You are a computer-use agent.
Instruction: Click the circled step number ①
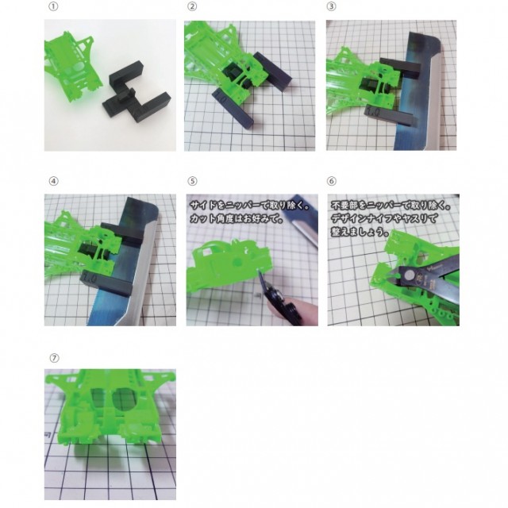(53, 6)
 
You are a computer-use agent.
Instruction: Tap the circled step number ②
(192, 6)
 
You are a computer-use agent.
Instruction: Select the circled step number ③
(331, 6)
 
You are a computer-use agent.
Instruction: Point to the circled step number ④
(53, 181)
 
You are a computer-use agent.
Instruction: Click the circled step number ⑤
(192, 181)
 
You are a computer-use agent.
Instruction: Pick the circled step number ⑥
(331, 181)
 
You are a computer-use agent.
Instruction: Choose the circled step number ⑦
(54, 358)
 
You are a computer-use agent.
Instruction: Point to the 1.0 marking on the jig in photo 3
(373, 112)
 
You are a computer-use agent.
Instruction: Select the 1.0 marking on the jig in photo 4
(88, 278)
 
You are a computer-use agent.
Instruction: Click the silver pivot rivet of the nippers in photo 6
(409, 275)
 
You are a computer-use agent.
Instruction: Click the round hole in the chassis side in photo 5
(237, 262)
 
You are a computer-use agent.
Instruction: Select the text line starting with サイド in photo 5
(249, 206)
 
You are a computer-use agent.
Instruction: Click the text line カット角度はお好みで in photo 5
(237, 218)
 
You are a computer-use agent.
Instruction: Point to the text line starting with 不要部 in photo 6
(391, 206)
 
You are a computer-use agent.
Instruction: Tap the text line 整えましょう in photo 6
(360, 232)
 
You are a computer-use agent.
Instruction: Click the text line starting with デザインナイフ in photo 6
(384, 218)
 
